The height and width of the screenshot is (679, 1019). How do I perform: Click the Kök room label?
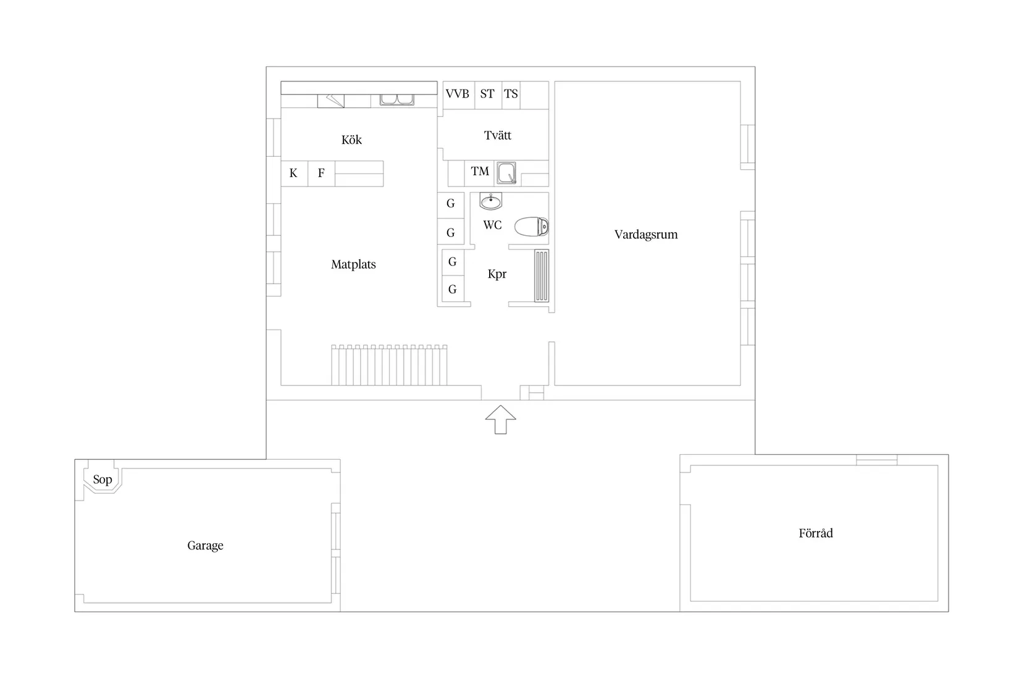(351, 140)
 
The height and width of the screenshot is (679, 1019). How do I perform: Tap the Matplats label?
(353, 264)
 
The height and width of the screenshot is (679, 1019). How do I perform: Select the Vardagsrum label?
(646, 234)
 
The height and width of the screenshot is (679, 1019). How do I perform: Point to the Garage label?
(205, 545)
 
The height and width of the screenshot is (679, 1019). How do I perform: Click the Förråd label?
(816, 533)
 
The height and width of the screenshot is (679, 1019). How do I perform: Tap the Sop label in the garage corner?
(103, 480)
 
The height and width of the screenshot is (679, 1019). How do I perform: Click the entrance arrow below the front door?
(500, 419)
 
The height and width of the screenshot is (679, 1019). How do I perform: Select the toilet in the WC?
(531, 227)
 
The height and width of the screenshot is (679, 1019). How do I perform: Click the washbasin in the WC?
(491, 201)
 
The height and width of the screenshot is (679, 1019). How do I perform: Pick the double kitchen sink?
(397, 99)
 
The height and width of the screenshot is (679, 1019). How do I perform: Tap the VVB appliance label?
(457, 94)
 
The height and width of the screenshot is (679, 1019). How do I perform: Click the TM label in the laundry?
(480, 171)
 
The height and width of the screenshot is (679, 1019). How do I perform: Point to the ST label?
(487, 94)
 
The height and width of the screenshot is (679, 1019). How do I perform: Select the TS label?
(511, 94)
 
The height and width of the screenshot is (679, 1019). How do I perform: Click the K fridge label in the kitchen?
(293, 173)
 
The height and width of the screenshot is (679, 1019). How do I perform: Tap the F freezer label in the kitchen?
(321, 173)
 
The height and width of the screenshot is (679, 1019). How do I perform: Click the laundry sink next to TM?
(506, 173)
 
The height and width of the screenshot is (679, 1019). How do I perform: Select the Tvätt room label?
(497, 135)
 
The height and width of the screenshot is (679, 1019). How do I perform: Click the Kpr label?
(497, 274)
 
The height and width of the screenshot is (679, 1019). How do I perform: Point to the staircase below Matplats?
(389, 365)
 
